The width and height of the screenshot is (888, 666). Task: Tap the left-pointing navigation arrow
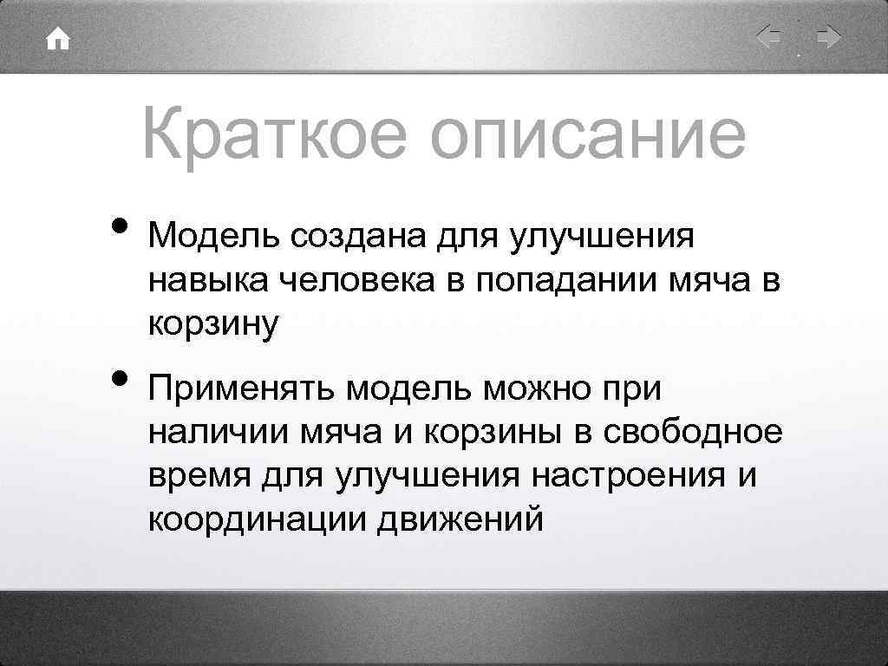click(x=768, y=38)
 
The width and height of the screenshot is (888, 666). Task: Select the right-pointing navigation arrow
click(x=828, y=38)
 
